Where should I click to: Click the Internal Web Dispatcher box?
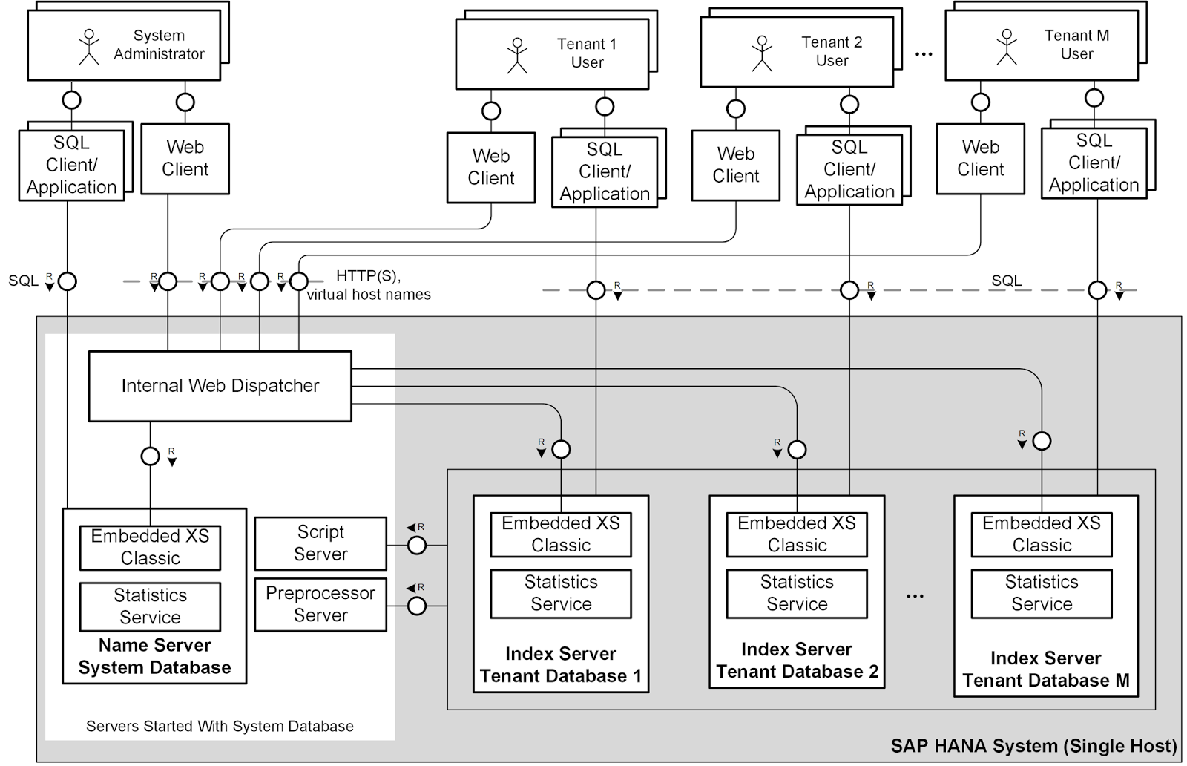coord(220,386)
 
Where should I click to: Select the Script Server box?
coord(320,543)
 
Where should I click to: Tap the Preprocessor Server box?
coord(320,604)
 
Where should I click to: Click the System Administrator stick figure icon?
coord(89,47)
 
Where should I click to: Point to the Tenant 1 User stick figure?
coord(517,56)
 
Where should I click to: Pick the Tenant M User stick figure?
coord(1007,47)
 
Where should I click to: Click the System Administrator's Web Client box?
coord(185,158)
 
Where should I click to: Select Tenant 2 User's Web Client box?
coord(735,165)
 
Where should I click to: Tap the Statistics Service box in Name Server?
coord(150,606)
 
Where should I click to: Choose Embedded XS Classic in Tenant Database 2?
coord(796,534)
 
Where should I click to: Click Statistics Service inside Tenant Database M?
coord(1041,592)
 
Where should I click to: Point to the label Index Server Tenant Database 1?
coord(560,664)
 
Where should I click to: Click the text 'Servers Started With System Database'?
coord(220,726)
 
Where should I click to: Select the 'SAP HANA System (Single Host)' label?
coord(1033,746)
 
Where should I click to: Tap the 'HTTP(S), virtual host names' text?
coord(369,285)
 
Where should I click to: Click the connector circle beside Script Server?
coord(417,546)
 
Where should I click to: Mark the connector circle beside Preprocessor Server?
coord(417,606)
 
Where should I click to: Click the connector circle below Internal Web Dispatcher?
coord(150,456)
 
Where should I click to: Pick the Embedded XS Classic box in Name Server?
coord(150,547)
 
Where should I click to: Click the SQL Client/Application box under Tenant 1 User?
coord(604,171)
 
